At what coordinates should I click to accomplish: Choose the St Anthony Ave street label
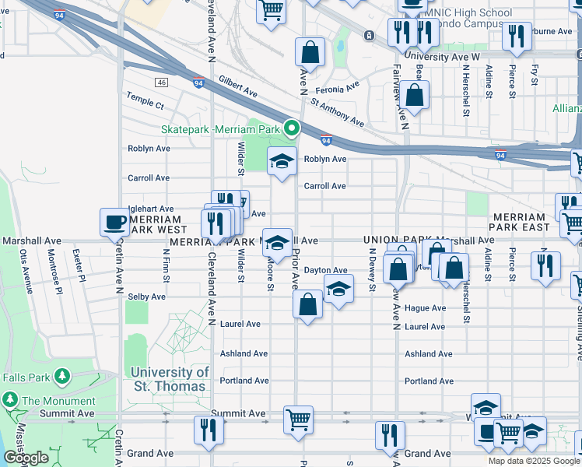pyautogui.click(x=337, y=113)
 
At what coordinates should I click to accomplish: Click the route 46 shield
pyautogui.click(x=161, y=82)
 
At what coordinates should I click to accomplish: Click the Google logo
pyautogui.click(x=26, y=458)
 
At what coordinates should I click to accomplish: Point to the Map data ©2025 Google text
pyautogui.click(x=534, y=461)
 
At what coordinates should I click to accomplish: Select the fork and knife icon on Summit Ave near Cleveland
pyautogui.click(x=209, y=430)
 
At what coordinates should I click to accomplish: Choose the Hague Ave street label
pyautogui.click(x=425, y=308)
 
